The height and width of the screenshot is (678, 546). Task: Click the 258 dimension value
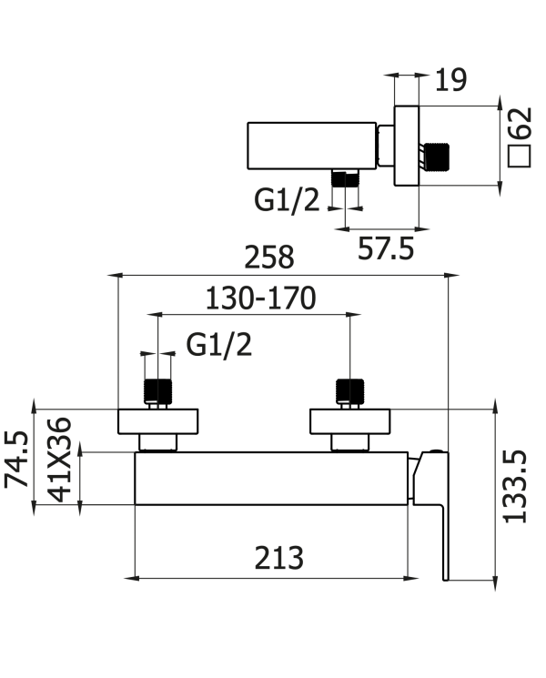[268, 258]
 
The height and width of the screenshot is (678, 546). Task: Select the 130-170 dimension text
[260, 299]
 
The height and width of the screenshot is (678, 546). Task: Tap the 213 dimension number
[278, 558]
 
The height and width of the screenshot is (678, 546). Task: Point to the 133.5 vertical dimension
[516, 487]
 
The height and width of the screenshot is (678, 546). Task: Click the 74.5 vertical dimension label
[16, 460]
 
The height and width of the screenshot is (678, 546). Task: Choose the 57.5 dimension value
[386, 248]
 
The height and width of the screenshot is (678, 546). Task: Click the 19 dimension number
[450, 80]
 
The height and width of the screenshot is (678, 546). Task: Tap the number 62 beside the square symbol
[520, 123]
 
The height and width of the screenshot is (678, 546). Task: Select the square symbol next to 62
[520, 157]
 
